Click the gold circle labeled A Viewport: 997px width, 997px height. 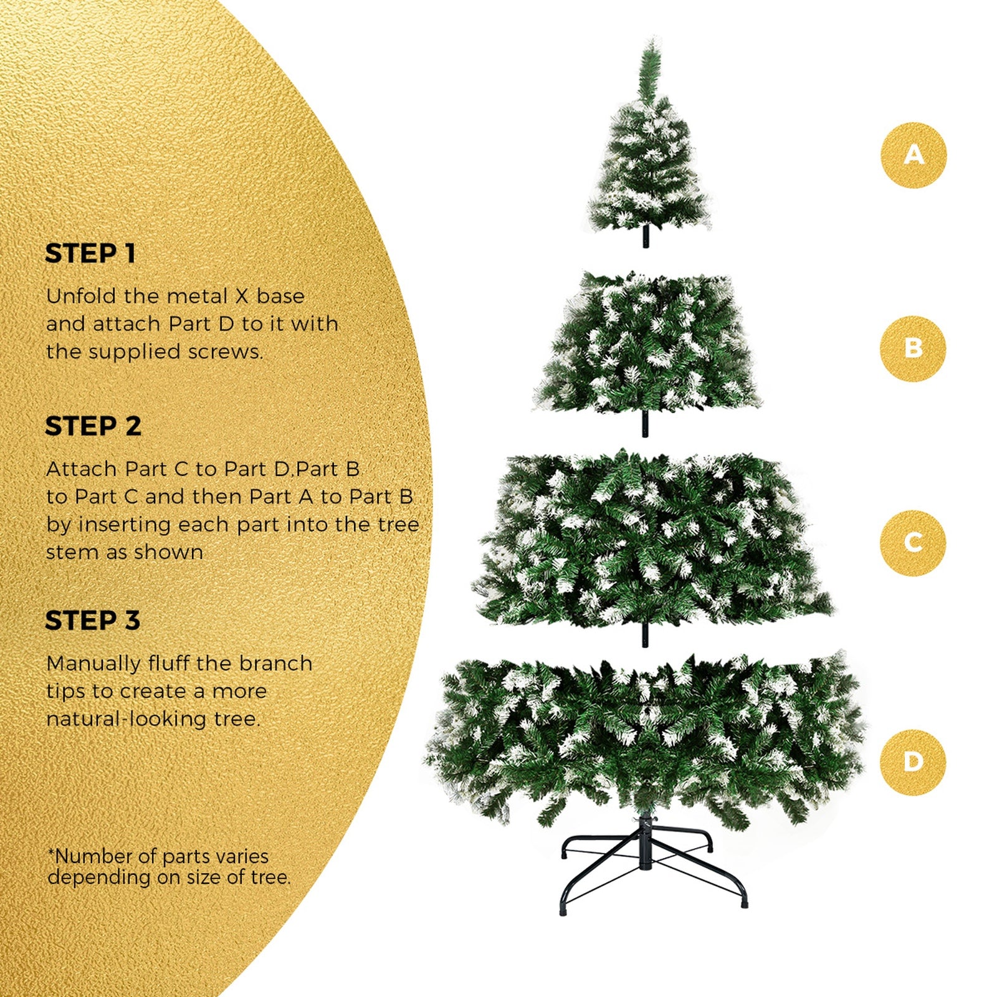tap(913, 155)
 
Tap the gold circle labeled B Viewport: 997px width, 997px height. tap(913, 348)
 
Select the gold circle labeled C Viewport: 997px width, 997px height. tap(913, 543)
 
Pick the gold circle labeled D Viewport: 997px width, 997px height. tap(913, 762)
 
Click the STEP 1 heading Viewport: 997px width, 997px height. tap(90, 254)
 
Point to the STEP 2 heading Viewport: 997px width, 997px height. tap(93, 427)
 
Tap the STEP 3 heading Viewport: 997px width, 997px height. tap(92, 621)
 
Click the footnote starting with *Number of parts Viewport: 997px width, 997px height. tap(168, 867)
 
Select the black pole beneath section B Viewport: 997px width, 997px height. tap(645, 424)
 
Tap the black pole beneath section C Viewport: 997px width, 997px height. tap(645, 634)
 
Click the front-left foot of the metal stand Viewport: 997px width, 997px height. tap(565, 910)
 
